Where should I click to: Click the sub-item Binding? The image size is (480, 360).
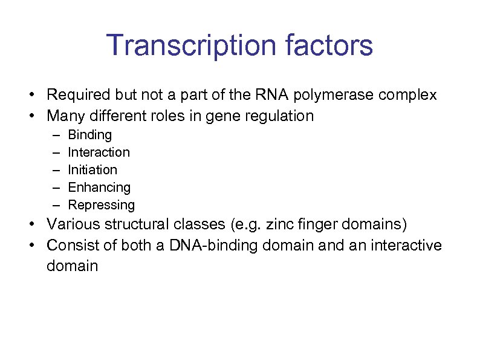pos(90,135)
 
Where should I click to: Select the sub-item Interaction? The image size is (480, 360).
pos(99,152)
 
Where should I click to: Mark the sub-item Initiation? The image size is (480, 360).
pos(92,169)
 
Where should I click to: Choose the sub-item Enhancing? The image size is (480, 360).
pos(99,188)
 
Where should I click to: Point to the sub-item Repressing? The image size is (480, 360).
pos(101,205)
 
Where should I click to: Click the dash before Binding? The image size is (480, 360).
pos(56,135)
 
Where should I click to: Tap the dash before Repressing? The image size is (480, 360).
pos(56,205)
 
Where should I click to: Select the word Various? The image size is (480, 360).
pos(72,225)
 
